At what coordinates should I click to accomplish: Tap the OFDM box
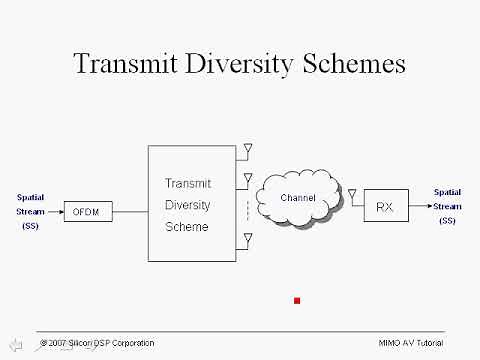point(89,211)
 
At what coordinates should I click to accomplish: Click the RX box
point(384,206)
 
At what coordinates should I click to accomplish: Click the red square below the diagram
point(297,300)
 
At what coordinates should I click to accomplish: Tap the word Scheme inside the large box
point(188,226)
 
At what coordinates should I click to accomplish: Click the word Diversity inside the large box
point(188,205)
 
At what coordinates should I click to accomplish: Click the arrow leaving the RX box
point(420,206)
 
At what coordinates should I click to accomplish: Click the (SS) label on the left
point(29,227)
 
